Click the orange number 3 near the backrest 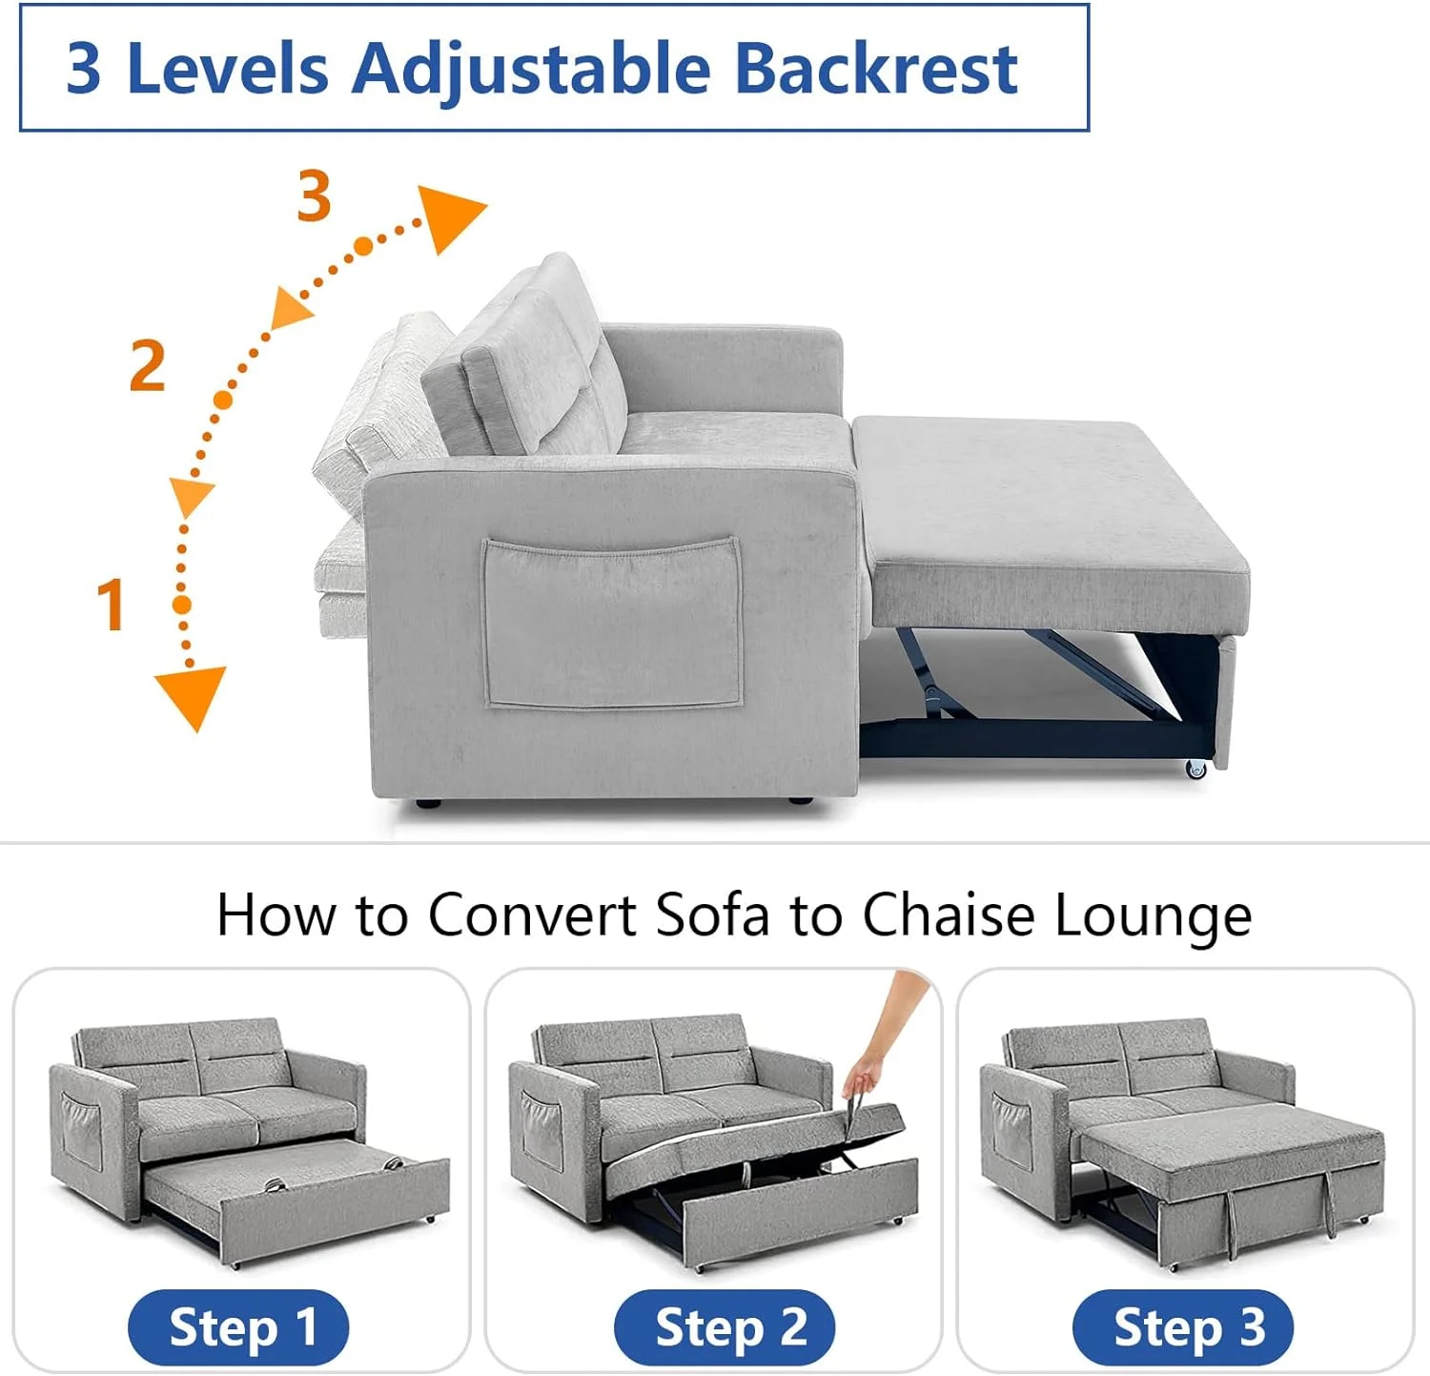pyautogui.click(x=314, y=195)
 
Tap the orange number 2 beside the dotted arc pyautogui.click(x=147, y=365)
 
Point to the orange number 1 pyautogui.click(x=112, y=604)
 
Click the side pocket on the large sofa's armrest pyautogui.click(x=612, y=624)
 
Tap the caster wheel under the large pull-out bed pyautogui.click(x=1195, y=769)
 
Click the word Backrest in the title pyautogui.click(x=876, y=69)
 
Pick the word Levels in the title pyautogui.click(x=227, y=69)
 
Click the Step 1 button pyautogui.click(x=238, y=1327)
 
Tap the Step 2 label pyautogui.click(x=725, y=1327)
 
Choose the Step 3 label pyautogui.click(x=1183, y=1327)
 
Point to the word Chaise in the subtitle pyautogui.click(x=948, y=915)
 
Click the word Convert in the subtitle pyautogui.click(x=532, y=915)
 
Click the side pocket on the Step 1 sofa pyautogui.click(x=82, y=1129)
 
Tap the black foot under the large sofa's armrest pyautogui.click(x=428, y=804)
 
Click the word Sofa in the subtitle pyautogui.click(x=712, y=915)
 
